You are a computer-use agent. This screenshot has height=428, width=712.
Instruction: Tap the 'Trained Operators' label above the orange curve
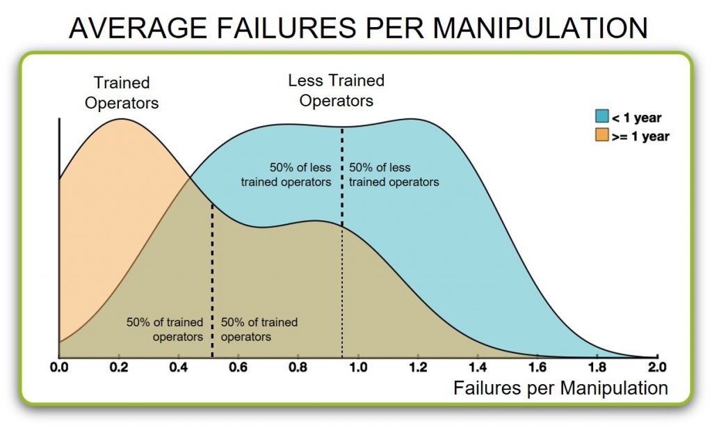click(x=122, y=93)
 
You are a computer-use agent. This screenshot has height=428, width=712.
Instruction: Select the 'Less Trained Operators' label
click(x=337, y=90)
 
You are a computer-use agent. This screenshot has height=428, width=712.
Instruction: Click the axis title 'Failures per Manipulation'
click(x=560, y=388)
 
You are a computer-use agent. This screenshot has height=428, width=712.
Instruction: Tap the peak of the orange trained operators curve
click(x=121, y=119)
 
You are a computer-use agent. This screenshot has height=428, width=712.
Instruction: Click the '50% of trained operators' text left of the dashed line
click(x=165, y=329)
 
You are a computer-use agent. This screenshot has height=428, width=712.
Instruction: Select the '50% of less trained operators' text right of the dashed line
click(x=393, y=175)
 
